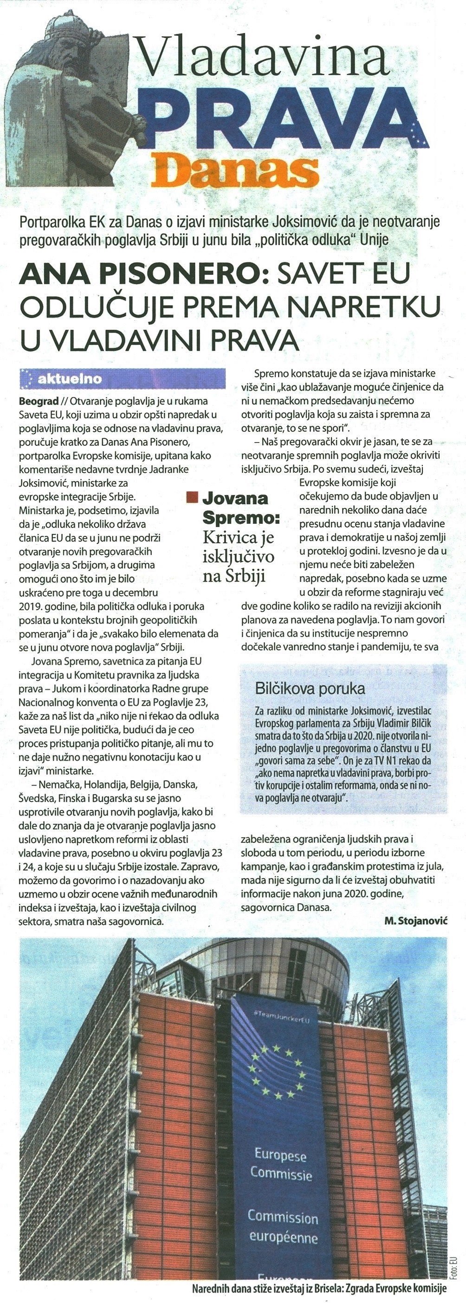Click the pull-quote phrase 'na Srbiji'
[x=233, y=576]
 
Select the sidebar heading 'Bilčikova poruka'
[x=311, y=689]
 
